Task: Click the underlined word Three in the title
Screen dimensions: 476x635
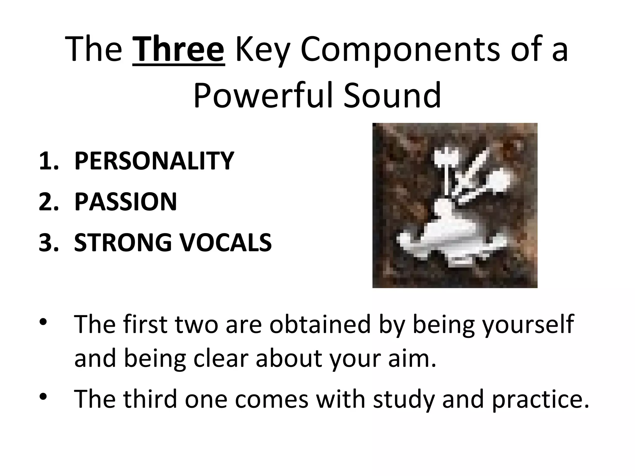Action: point(178,50)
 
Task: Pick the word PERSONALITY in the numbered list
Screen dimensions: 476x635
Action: point(154,161)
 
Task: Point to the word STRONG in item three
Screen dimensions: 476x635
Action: point(123,242)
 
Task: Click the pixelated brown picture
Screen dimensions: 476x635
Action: point(455,205)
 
